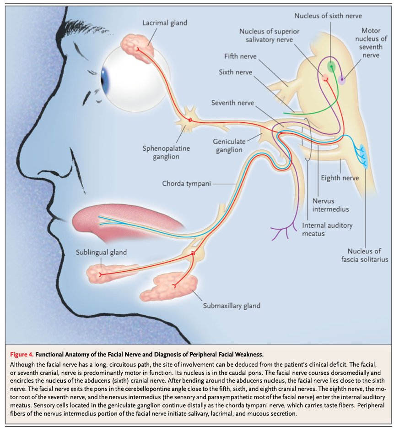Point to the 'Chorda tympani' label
[187, 184]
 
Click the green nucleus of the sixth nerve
[331, 67]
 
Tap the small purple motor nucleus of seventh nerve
[342, 81]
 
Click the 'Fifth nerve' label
[240, 56]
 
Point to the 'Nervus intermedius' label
[331, 205]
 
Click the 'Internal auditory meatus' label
[327, 230]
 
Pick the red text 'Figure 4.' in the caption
[22, 354]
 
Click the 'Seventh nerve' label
[232, 103]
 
